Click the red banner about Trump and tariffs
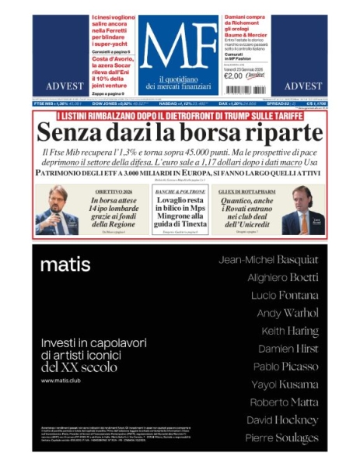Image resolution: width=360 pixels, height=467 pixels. (x=180, y=114)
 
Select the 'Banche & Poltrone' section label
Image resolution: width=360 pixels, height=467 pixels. (x=179, y=191)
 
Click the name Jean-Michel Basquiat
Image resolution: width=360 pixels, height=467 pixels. (x=268, y=259)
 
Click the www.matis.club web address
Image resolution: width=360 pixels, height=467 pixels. (x=62, y=381)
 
